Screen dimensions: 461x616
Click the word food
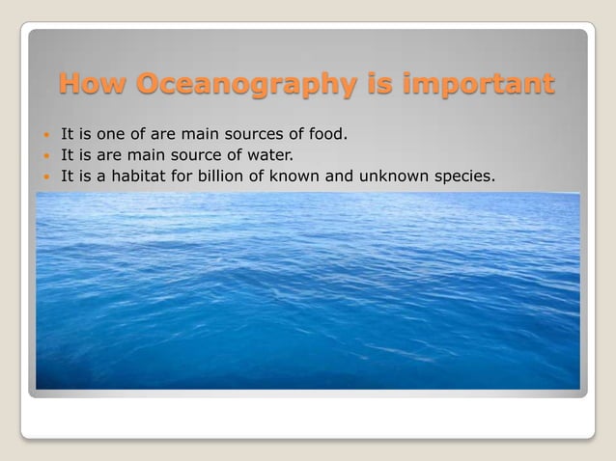coord(325,131)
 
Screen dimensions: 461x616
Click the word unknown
coord(406,176)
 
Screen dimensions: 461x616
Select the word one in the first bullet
coord(111,131)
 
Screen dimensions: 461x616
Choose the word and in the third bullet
coord(353,176)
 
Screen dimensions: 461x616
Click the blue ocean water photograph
coord(308,289)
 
